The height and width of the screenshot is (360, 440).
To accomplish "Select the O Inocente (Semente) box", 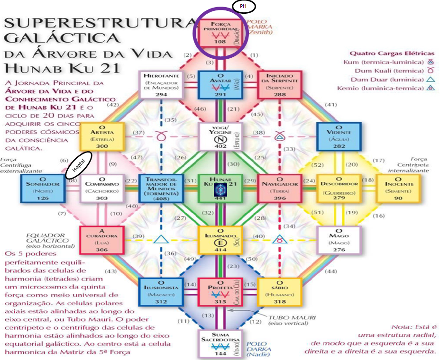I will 398,188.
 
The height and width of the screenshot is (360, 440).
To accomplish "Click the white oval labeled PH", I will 243,6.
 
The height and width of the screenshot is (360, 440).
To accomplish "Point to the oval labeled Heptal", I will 78,166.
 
